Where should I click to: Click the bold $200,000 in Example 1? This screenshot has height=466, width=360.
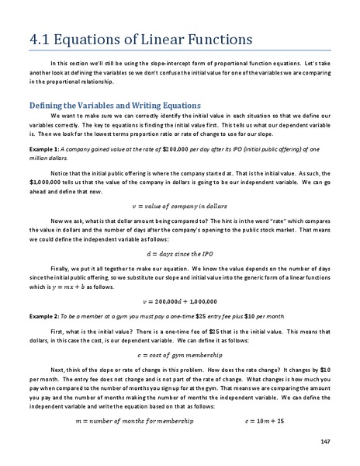pos(178,147)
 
